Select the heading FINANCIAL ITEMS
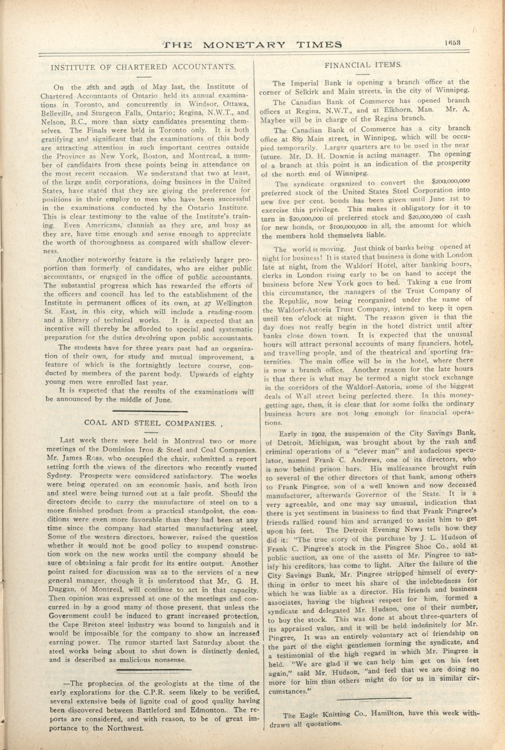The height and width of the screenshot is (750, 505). pos(363,65)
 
